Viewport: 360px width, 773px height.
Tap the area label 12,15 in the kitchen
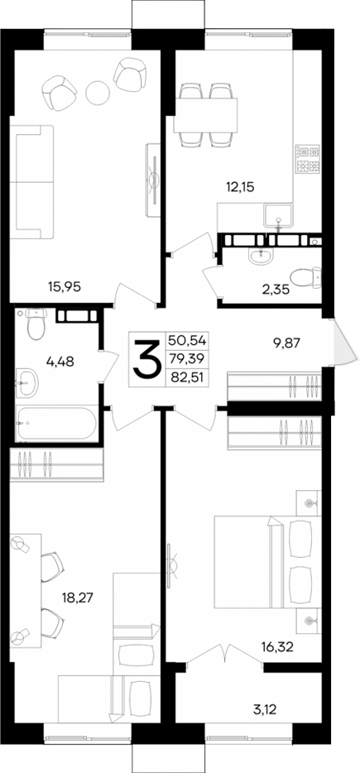238,187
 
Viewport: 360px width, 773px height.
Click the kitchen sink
279,218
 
